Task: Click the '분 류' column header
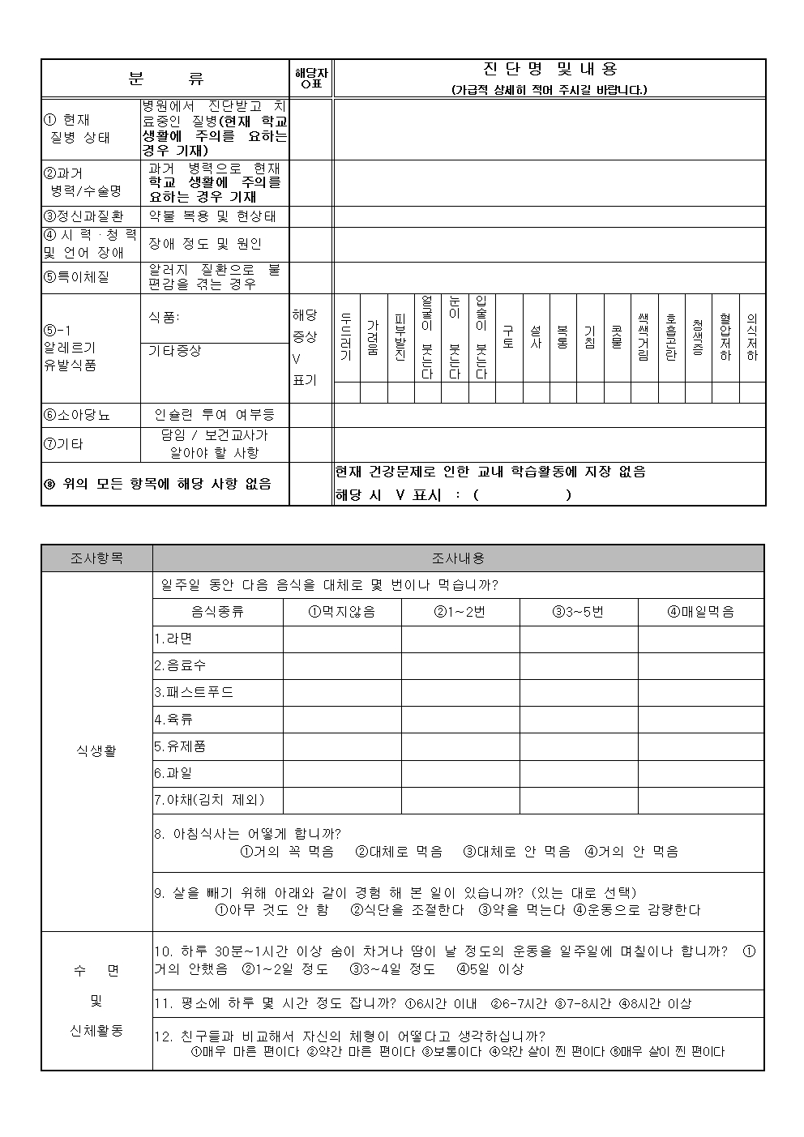165,79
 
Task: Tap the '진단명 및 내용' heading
550,70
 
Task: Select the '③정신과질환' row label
84,216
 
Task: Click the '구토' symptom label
508,337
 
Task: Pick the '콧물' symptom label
617,337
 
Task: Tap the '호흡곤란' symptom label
671,337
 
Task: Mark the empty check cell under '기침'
590,393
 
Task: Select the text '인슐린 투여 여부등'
215,415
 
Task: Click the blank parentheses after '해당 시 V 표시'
521,494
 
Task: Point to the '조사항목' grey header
96,558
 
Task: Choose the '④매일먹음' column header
700,612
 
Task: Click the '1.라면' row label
173,639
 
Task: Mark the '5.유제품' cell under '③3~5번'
579,746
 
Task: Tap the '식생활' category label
96,750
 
